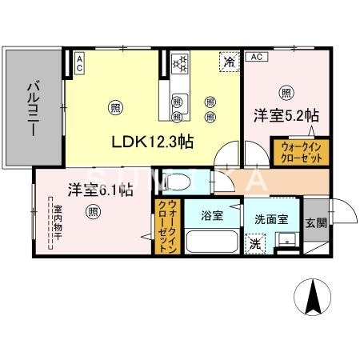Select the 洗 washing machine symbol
[254, 242]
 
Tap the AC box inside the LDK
[79, 63]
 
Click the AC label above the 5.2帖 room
[256, 57]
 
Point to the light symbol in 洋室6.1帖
[94, 212]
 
